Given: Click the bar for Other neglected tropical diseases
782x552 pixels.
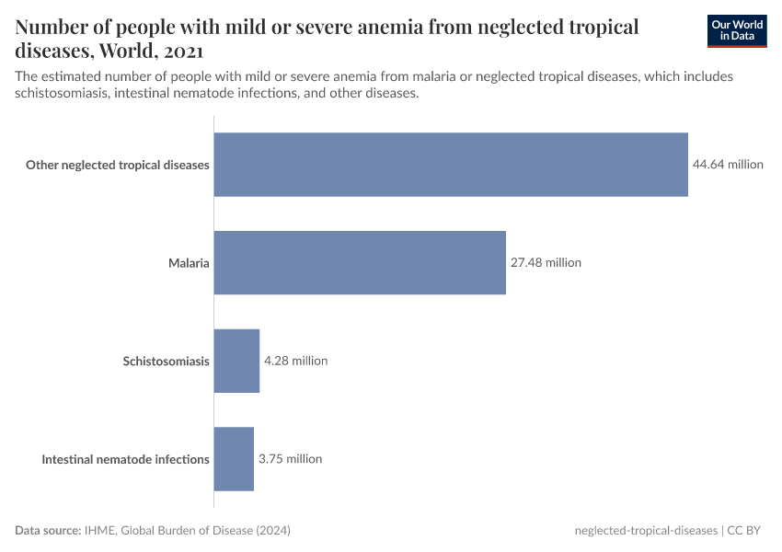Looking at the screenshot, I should [x=451, y=165].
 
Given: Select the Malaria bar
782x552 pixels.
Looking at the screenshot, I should [x=360, y=262].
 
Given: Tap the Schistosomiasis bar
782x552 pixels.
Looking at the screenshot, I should [x=236, y=361].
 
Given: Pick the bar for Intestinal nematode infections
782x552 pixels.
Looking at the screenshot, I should [x=234, y=458].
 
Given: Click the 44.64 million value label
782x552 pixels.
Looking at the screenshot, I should [x=728, y=165].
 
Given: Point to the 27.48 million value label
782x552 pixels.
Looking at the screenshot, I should [x=546, y=262].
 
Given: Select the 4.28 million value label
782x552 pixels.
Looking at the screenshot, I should [x=295, y=361].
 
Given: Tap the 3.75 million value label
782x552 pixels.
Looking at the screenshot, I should [x=290, y=458].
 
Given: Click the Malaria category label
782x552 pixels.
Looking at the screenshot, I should [x=189, y=263].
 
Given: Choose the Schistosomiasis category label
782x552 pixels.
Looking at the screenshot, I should [x=167, y=362].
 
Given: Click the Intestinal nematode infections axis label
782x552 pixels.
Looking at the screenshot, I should [x=125, y=459].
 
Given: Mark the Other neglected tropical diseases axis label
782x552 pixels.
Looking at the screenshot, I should [x=118, y=166].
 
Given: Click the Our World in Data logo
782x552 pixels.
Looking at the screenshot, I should [x=736, y=30].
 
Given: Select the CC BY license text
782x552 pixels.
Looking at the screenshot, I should [x=746, y=531].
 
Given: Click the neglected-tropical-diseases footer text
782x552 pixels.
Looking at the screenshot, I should [x=645, y=531].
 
